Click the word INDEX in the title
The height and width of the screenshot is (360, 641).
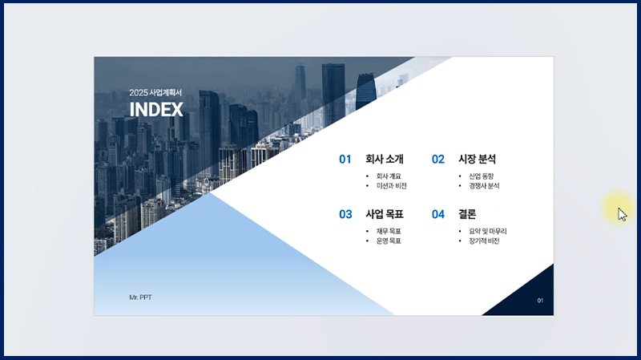tap(156, 109)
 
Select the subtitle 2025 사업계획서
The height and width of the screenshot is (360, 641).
tap(155, 92)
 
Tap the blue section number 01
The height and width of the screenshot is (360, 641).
tap(345, 159)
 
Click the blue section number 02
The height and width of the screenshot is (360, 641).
tap(437, 159)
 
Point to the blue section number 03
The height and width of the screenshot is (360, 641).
tap(345, 214)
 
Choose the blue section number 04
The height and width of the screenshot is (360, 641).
tap(437, 214)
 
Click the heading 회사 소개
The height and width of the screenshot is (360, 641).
tap(385, 159)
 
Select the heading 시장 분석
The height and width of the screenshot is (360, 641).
tap(477, 159)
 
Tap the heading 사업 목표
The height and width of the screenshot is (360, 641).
tap(385, 214)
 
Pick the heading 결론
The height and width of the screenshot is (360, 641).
tap(467, 214)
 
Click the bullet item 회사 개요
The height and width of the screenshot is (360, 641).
tap(389, 176)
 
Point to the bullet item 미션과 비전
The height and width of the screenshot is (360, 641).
tap(392, 186)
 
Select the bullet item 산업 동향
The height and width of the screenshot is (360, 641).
tap(482, 176)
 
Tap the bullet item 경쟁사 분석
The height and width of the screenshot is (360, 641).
tap(484, 186)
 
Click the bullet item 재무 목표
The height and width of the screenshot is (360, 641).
tap(389, 232)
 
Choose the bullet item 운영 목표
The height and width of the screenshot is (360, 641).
tap(389, 241)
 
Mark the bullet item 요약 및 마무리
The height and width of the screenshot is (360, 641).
tap(488, 232)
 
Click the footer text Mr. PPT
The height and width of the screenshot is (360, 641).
tap(141, 297)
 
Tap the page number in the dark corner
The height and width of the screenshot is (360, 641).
tap(540, 301)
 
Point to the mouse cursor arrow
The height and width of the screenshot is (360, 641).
tap(623, 214)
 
